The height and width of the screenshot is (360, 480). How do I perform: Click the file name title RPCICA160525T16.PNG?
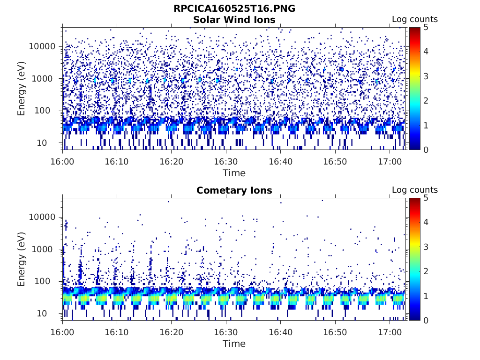(x=234, y=8)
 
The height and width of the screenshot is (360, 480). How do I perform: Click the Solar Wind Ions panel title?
(x=234, y=20)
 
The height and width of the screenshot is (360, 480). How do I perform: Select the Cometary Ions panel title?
(x=234, y=190)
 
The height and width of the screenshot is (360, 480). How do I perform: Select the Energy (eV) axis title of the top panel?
(x=22, y=88)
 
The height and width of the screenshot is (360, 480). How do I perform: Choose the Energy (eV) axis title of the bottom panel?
(x=22, y=259)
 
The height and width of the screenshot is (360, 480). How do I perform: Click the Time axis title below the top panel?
(x=234, y=173)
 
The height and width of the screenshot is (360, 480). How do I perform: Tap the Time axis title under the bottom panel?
(x=234, y=344)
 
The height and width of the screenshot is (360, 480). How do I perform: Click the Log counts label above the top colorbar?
(x=414, y=20)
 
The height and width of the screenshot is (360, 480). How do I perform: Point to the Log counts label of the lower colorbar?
(x=414, y=190)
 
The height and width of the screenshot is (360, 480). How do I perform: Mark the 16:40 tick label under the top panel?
(x=280, y=161)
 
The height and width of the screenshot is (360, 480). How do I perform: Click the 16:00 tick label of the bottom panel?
(x=63, y=331)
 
